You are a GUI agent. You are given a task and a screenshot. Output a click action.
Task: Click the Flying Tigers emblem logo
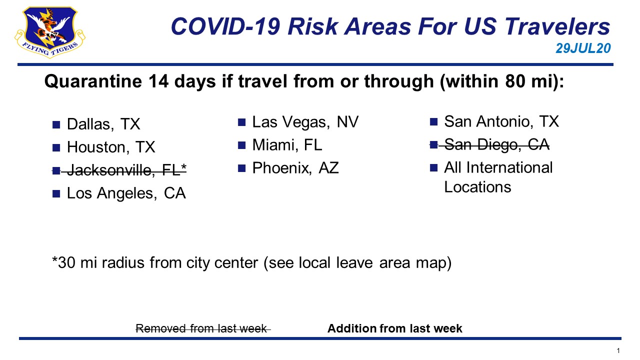50,32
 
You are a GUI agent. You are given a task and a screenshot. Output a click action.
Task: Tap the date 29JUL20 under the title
583,48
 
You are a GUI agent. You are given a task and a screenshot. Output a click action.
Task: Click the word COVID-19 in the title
225,26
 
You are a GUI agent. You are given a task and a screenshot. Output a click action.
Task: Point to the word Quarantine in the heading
93,81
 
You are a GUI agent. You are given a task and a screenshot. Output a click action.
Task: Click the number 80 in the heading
515,81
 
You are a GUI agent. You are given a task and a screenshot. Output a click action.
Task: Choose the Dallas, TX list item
103,124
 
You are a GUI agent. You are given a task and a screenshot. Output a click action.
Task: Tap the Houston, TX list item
111,147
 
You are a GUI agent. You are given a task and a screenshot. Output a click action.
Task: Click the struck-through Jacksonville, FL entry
126,170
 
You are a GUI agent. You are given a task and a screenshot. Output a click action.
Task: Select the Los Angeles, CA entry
126,193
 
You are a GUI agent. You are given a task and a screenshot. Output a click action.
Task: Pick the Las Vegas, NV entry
305,122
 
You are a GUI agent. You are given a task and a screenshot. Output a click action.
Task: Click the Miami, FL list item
287,145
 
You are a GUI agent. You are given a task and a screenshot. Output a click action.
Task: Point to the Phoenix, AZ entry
295,168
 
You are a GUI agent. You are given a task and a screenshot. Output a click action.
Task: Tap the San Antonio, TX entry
501,121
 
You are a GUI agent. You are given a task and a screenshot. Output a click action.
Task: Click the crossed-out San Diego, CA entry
496,144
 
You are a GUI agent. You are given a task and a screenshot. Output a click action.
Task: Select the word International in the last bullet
509,167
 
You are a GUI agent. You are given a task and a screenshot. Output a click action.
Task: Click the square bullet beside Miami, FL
241,145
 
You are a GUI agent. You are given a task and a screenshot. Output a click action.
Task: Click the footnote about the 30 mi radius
251,262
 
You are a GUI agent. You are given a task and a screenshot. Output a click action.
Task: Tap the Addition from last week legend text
394,328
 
